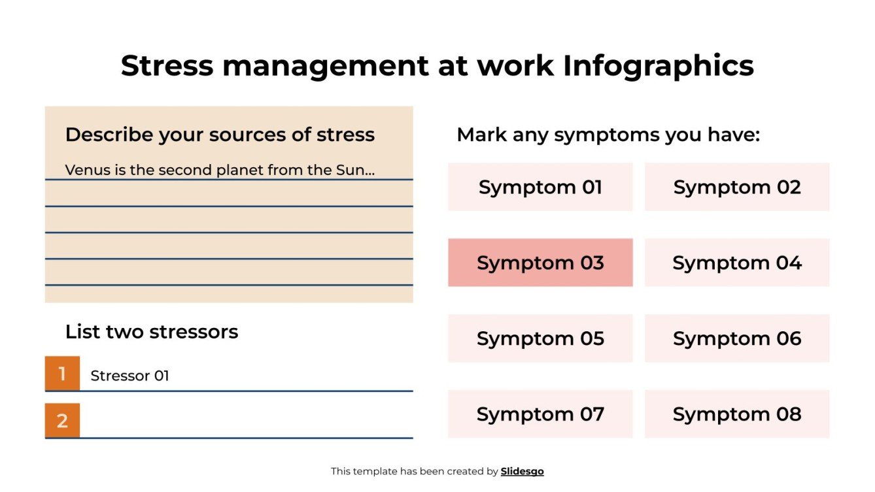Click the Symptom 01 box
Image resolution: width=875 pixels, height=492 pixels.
click(540, 187)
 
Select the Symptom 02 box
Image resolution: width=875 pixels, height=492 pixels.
click(737, 187)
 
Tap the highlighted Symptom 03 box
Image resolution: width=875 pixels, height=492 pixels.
click(540, 263)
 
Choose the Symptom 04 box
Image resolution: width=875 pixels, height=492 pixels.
click(737, 263)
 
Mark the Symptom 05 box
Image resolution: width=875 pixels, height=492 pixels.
click(540, 338)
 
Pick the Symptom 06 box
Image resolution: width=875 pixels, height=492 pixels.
click(737, 338)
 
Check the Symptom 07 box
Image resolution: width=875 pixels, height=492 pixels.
click(540, 414)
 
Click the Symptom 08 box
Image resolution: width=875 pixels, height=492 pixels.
click(737, 414)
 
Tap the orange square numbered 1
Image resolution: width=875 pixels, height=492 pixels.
click(62, 374)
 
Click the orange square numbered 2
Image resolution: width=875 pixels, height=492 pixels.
click(62, 421)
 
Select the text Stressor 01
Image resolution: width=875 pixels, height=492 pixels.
click(129, 376)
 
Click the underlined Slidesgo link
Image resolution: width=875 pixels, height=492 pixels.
click(522, 471)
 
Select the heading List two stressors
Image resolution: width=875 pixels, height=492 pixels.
click(152, 332)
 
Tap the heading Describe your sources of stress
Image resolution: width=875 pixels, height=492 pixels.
click(220, 135)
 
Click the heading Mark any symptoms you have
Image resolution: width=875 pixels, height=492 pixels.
click(608, 135)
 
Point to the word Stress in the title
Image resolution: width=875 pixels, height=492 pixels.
click(167, 66)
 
